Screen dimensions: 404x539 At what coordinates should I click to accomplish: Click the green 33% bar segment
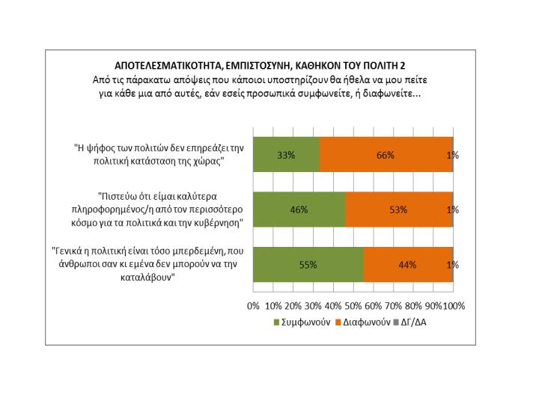(x=287, y=155)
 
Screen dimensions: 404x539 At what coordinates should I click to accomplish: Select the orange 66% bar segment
(x=386, y=155)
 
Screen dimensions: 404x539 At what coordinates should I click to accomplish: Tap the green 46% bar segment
(x=299, y=209)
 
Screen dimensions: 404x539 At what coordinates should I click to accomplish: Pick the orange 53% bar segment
(x=398, y=209)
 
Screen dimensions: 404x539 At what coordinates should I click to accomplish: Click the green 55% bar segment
(x=308, y=264)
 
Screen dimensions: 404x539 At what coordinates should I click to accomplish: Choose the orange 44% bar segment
(x=407, y=264)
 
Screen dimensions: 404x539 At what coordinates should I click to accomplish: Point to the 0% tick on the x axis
(x=253, y=306)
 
